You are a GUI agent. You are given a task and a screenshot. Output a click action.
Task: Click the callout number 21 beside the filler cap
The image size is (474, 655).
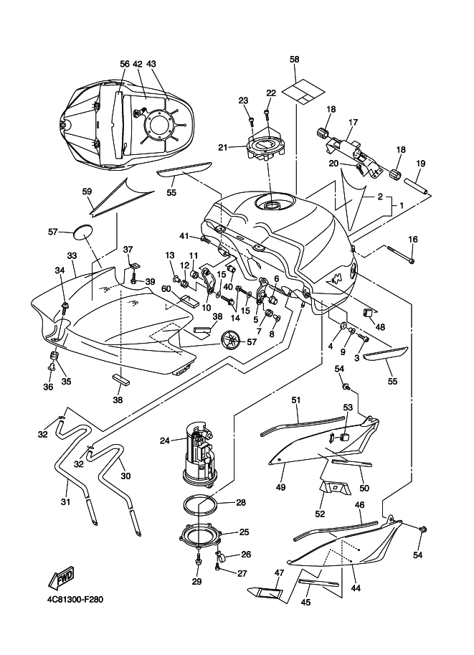223,148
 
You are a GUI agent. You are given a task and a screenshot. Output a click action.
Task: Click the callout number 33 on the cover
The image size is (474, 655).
72,255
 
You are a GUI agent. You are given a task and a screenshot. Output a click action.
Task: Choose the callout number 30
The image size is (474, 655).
125,476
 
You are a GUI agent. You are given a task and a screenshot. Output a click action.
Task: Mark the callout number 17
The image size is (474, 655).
353,123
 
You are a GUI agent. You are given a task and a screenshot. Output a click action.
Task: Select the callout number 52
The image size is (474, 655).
319,514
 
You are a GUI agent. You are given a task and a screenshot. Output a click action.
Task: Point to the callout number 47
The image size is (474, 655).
279,572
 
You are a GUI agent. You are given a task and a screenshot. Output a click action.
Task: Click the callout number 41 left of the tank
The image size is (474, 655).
184,236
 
